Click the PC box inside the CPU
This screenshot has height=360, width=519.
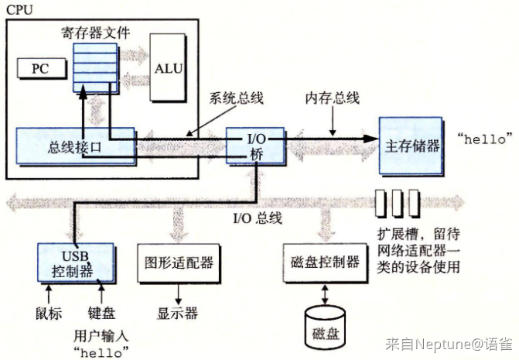(41, 68)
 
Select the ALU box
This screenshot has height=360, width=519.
(168, 67)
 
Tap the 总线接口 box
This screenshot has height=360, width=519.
(76, 146)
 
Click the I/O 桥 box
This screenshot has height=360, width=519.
(255, 146)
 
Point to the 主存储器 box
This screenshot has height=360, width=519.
(411, 146)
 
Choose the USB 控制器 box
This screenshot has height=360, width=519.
(76, 263)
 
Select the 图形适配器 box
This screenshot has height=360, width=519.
(179, 263)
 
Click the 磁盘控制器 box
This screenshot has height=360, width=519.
(325, 263)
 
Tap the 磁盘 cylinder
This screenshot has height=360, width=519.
(325, 327)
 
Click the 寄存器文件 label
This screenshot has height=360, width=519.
(95, 33)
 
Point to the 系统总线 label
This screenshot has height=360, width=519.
(236, 98)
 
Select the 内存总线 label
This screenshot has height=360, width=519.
(332, 98)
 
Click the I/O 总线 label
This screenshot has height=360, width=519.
(258, 218)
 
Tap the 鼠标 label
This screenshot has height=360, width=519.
(49, 313)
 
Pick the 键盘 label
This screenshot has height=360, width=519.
(101, 313)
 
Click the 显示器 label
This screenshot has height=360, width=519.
(177, 313)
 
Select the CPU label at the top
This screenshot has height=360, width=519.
(19, 10)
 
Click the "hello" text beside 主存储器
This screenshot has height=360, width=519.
(485, 139)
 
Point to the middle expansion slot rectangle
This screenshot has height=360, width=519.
(397, 203)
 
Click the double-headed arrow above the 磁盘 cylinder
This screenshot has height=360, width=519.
(325, 294)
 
